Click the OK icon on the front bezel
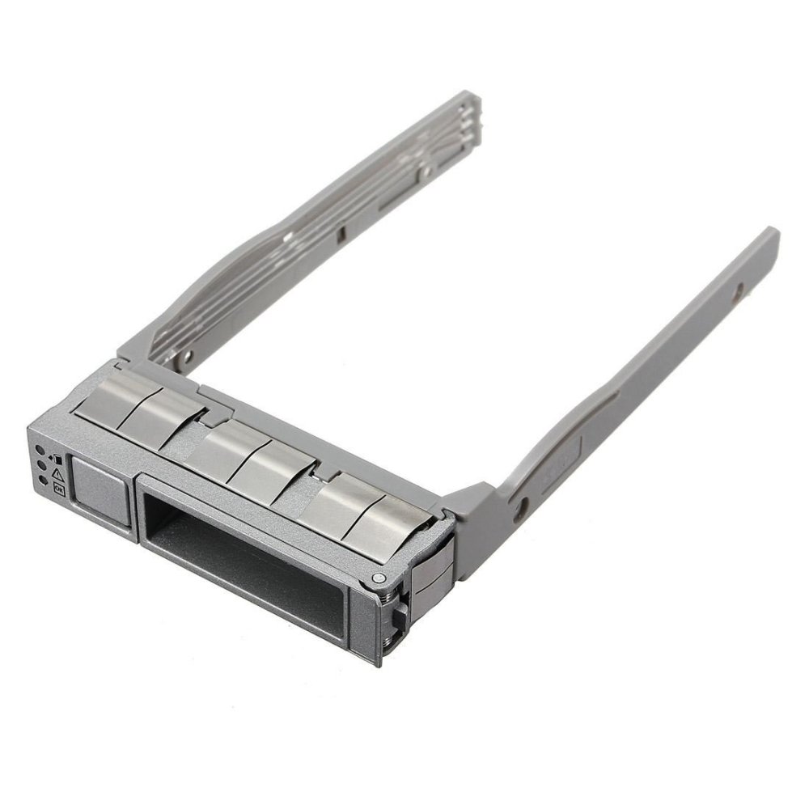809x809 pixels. [x=58, y=488]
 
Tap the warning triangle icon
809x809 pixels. [x=57, y=472]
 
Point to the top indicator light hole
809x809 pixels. [x=40, y=450]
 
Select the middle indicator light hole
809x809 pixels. [x=41, y=465]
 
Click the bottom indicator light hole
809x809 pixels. [x=43, y=481]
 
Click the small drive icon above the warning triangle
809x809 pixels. [x=55, y=458]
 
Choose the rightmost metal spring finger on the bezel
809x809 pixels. [x=396, y=518]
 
